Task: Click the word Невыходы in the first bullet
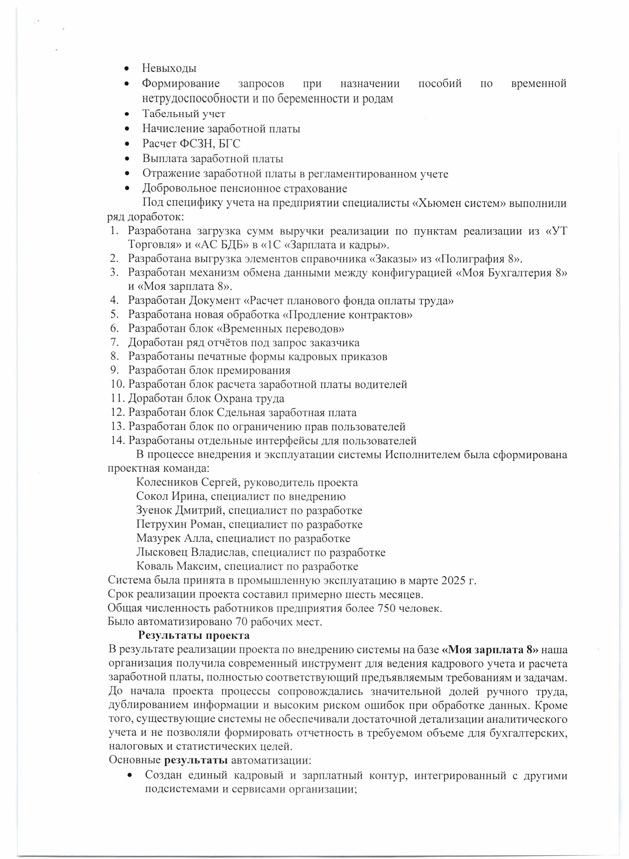169,69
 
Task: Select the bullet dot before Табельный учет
127,114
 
